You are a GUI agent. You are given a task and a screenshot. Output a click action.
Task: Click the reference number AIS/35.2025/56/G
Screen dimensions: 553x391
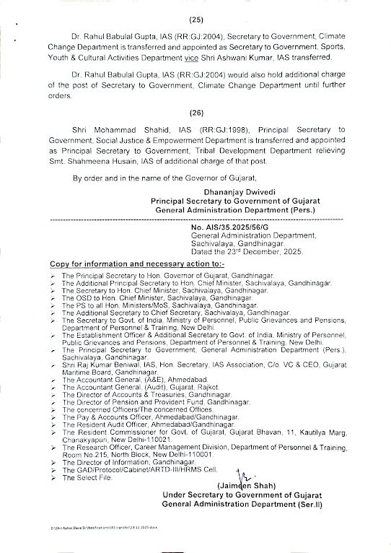point(237,226)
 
